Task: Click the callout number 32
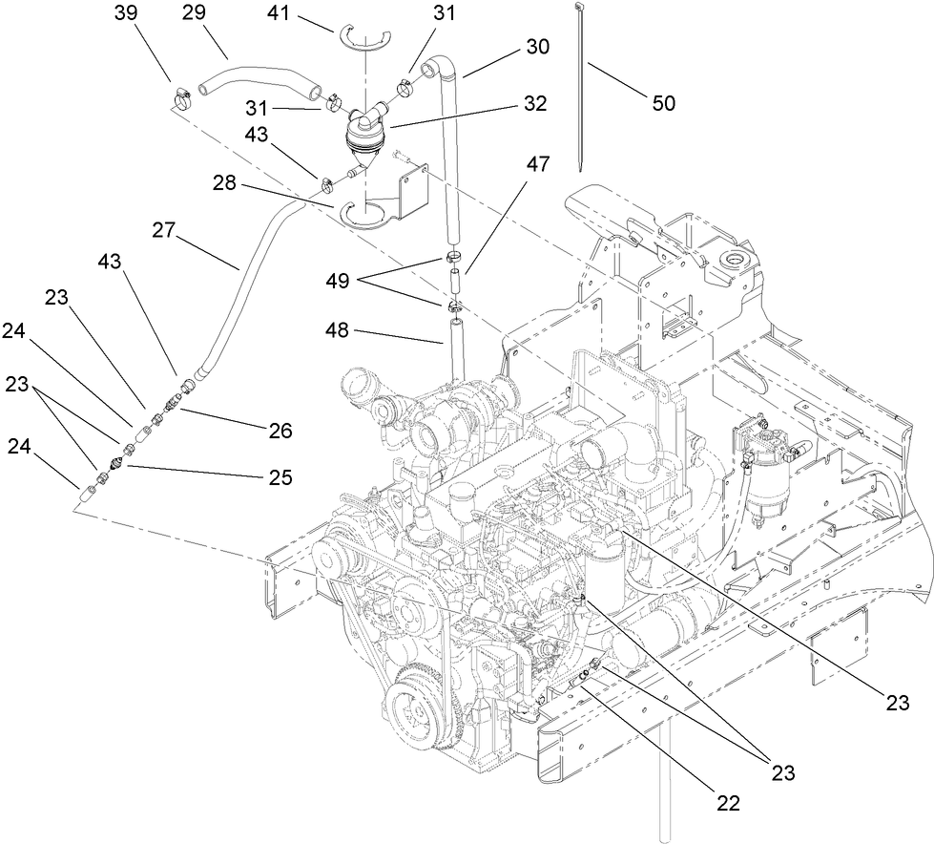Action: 535,104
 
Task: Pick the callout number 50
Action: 662,102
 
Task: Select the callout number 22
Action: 728,804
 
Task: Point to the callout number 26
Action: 279,431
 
